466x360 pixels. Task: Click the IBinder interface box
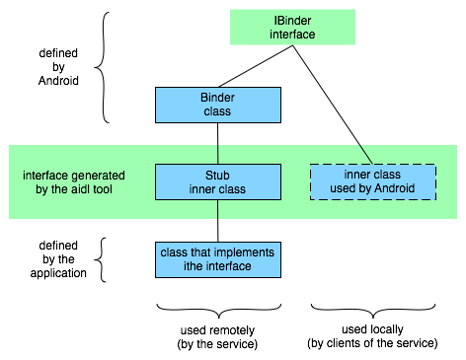pos(292,27)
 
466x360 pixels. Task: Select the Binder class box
pos(218,105)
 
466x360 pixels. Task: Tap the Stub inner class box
pos(218,182)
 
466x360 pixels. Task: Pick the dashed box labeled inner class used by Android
pos(373,181)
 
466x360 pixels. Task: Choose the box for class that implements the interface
pos(218,259)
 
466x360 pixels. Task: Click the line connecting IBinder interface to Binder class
pos(256,66)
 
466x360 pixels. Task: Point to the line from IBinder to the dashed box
pos(333,105)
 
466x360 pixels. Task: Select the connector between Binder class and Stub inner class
pos(217,144)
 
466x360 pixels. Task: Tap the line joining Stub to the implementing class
pos(217,221)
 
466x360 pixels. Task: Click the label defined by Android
pos(58,67)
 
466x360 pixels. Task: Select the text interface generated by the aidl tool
pos(74,182)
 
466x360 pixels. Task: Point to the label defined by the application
pos(58,259)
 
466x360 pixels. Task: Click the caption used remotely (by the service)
pos(217,337)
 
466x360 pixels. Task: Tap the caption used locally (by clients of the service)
pos(372,336)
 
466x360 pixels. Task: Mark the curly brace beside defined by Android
pos(103,67)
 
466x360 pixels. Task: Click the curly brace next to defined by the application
pos(102,259)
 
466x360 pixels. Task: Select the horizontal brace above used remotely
pos(219,312)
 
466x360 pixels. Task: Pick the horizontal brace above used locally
pos(373,312)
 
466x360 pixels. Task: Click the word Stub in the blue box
pos(217,176)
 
